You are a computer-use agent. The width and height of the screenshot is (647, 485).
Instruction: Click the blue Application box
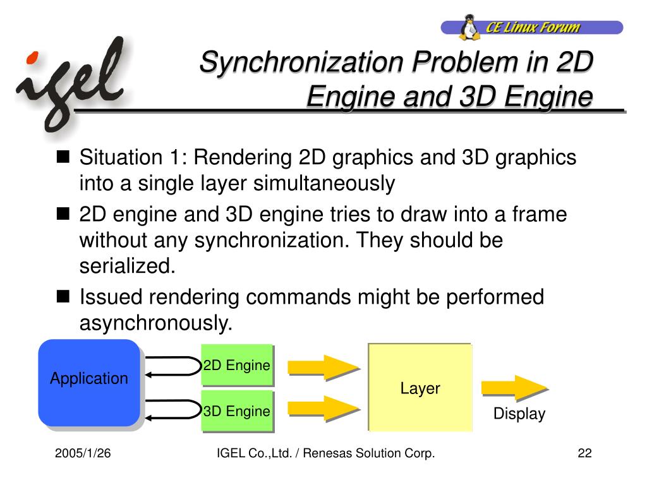(x=88, y=381)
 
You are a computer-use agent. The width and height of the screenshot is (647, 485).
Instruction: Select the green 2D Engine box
(x=236, y=365)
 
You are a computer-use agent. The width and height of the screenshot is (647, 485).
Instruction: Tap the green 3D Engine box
(x=236, y=411)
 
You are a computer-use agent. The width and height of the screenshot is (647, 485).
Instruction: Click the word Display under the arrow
(x=519, y=414)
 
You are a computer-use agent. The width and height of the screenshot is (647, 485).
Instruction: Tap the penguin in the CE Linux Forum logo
(x=469, y=28)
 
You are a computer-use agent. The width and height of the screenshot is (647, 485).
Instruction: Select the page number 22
(x=584, y=453)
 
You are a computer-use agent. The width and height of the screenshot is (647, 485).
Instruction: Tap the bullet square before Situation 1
(x=63, y=157)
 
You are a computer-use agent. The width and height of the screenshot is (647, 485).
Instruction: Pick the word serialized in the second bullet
(x=126, y=266)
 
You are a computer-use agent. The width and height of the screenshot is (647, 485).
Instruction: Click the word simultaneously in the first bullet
(x=324, y=184)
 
